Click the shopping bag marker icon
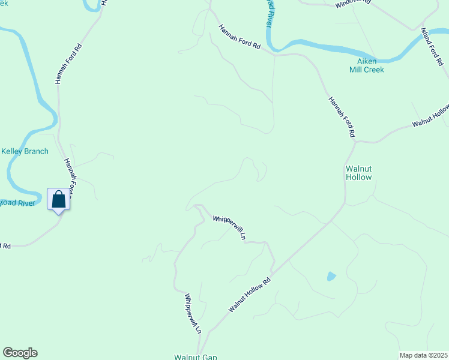[x=58, y=199]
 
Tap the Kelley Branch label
[x=25, y=151]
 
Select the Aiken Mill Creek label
[x=367, y=65]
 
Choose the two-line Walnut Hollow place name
[x=358, y=173]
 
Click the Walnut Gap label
[x=195, y=357]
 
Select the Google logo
[x=20, y=353]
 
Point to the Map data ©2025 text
[x=423, y=355]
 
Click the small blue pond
[x=331, y=277]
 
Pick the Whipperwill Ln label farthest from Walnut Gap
[x=230, y=227]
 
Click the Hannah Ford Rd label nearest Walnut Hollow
[x=342, y=117]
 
